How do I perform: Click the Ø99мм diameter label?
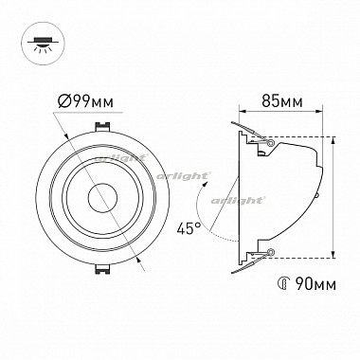click(85, 101)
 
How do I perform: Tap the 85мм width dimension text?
click(282, 101)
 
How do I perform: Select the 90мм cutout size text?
click(315, 284)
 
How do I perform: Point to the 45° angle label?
click(189, 228)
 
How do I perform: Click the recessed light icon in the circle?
click(43, 44)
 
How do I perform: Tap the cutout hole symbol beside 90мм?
click(284, 284)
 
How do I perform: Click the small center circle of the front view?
click(102, 198)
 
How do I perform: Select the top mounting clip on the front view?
click(102, 126)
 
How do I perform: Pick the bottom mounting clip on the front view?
click(102, 269)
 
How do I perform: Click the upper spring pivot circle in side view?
click(270, 143)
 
